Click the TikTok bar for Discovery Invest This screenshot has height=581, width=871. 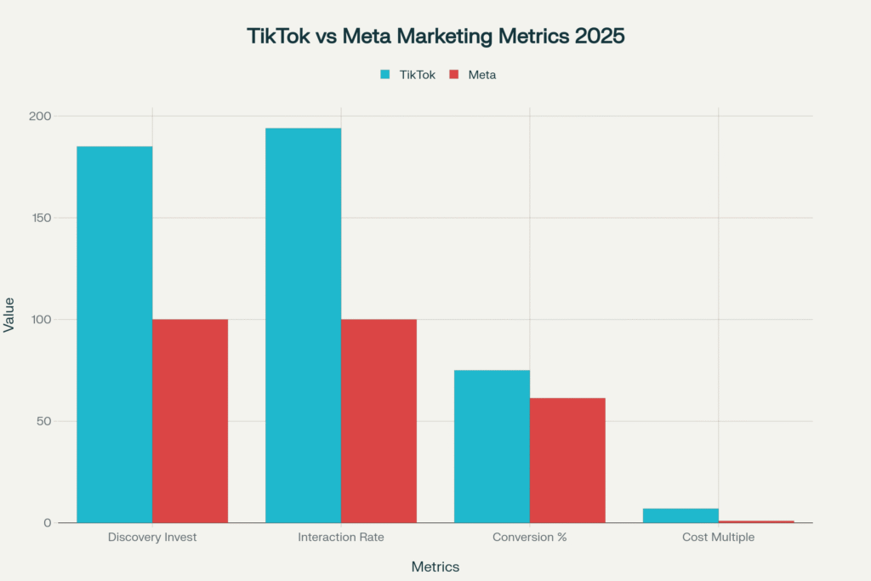[115, 334]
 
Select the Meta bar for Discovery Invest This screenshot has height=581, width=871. [191, 420]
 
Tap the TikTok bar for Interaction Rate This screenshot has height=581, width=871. [303, 325]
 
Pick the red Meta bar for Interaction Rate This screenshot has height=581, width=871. [379, 420]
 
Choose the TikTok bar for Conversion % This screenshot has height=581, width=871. [492, 446]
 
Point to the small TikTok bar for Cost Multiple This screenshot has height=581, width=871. [680, 515]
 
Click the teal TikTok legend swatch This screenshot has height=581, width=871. [385, 75]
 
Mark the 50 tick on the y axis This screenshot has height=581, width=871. [43, 421]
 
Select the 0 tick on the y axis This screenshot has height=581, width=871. [48, 523]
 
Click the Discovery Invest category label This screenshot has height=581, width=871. [152, 538]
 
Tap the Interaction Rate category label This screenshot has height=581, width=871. [340, 538]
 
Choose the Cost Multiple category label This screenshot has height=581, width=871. [718, 538]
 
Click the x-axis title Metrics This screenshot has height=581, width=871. [435, 567]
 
